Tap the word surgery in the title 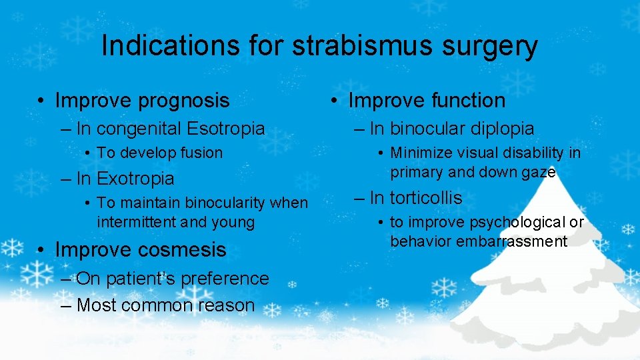(x=494, y=46)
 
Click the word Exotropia (x=135, y=179)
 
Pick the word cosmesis (x=183, y=250)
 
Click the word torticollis (x=426, y=198)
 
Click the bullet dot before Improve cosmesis (x=41, y=251)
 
